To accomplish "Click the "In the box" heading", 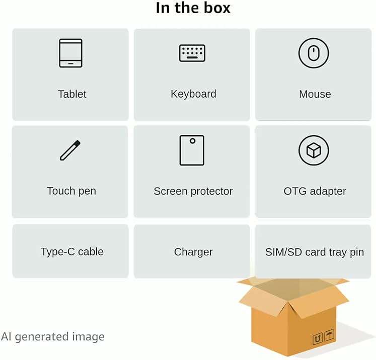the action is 193,8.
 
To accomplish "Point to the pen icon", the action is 70,150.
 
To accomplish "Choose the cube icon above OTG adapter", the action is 314,150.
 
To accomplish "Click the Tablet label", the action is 72,94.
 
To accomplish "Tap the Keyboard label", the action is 193,94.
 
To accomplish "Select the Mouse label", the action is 315,94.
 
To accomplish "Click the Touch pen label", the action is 71,191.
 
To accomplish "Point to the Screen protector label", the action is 193,192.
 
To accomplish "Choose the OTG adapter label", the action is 315,192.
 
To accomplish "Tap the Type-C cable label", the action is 72,252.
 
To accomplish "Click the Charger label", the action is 193,252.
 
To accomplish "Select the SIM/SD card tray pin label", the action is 315,252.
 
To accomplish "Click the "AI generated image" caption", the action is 53,337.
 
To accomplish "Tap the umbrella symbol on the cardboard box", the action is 329,335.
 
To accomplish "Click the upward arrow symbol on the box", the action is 318,339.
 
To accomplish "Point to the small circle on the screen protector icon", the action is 193,141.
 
